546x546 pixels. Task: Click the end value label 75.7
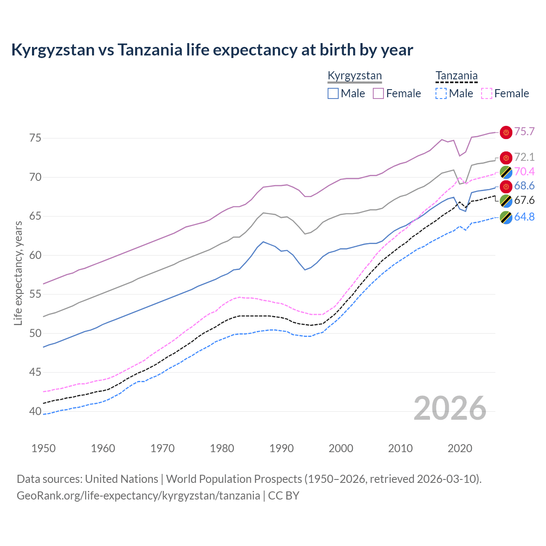[x=524, y=132]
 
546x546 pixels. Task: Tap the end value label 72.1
[x=524, y=157]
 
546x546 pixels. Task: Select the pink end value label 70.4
[x=524, y=172]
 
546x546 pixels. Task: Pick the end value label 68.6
[x=524, y=186]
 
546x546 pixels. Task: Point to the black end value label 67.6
[x=524, y=200]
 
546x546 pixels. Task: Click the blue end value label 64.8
[x=524, y=217]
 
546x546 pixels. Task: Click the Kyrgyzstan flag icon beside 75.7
[x=506, y=132]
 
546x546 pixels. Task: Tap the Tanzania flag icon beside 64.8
[x=506, y=218]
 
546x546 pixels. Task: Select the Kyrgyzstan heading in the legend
[x=354, y=76]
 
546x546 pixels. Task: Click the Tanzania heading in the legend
[x=456, y=76]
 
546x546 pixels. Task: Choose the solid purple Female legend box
[x=378, y=93]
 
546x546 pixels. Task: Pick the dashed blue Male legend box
[x=441, y=93]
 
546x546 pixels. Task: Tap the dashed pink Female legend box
[x=487, y=93]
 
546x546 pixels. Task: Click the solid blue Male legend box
[x=333, y=93]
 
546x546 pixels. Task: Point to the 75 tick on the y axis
[x=35, y=138]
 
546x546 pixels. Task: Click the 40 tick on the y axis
[x=35, y=412]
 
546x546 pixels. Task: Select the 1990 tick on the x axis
[x=282, y=448]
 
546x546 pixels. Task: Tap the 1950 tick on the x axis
[x=44, y=448]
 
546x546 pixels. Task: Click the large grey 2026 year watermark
[x=450, y=408]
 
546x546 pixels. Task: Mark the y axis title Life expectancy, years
[x=18, y=273]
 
